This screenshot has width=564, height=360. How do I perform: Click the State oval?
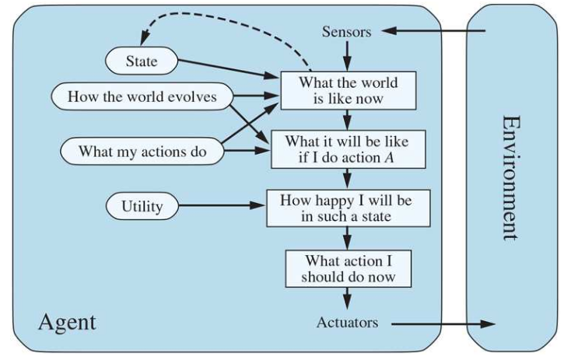point(141,61)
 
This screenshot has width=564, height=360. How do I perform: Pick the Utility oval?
point(142,206)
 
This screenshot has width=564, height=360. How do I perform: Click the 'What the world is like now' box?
point(348,90)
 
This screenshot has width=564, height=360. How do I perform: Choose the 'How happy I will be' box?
point(348,208)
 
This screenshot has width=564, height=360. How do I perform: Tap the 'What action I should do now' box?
point(348,268)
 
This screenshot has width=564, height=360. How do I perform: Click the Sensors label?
point(347,32)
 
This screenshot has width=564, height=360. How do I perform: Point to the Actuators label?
point(347,322)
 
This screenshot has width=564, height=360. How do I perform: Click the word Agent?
point(67,322)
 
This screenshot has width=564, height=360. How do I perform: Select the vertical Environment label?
point(510,178)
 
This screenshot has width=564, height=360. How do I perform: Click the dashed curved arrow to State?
point(226,17)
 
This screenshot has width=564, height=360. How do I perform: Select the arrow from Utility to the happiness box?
point(222,206)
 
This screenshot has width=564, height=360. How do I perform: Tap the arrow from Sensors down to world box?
point(348,55)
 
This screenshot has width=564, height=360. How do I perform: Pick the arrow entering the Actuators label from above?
point(348,299)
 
